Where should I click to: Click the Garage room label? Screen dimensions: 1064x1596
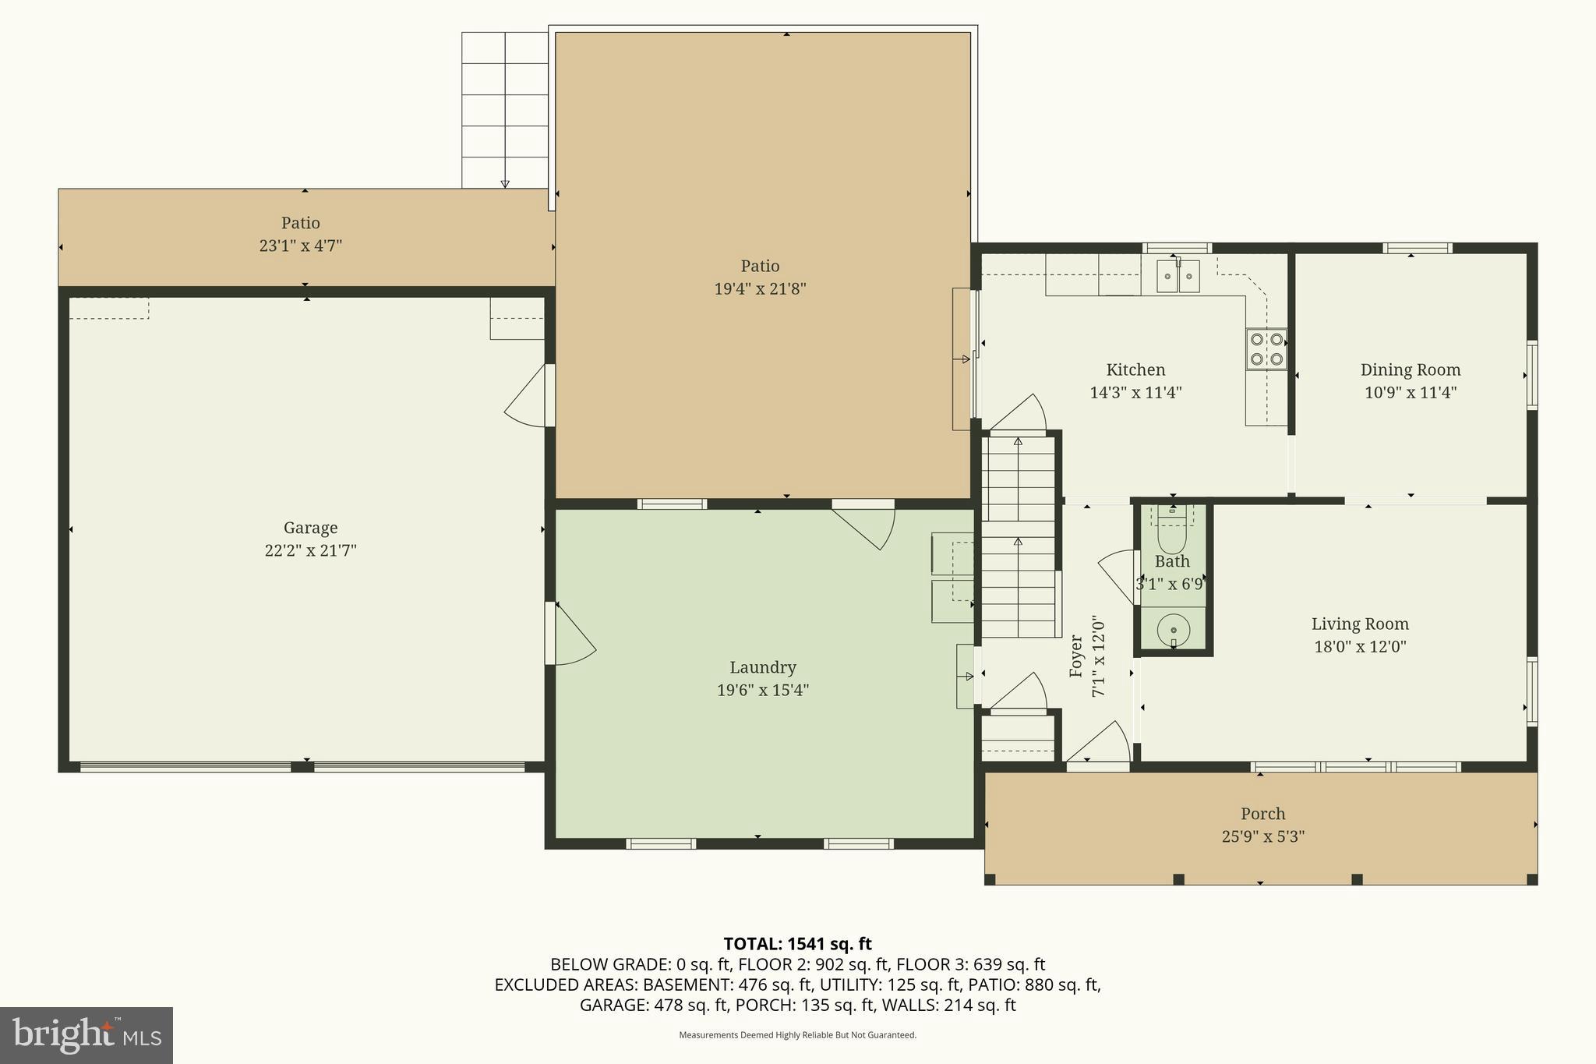[310, 528]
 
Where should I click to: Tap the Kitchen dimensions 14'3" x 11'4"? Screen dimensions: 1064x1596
[1135, 393]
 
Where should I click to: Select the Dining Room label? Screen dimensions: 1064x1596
[1410, 370]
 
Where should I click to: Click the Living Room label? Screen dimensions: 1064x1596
[1360, 624]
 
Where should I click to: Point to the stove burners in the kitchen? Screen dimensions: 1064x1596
[1266, 349]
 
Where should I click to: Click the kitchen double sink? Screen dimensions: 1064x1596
[1178, 276]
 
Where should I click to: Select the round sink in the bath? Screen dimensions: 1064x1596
[1173, 629]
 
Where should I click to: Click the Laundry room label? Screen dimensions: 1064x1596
[762, 668]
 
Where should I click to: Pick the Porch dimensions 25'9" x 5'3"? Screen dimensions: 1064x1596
[1262, 837]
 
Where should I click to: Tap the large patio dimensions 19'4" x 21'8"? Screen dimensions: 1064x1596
[760, 289]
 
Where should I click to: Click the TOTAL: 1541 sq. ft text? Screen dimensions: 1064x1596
[797, 944]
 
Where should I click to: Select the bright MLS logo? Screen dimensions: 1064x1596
[87, 1035]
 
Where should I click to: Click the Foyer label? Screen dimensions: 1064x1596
[1076, 655]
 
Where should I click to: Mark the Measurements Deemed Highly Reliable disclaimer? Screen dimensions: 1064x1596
[797, 1035]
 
